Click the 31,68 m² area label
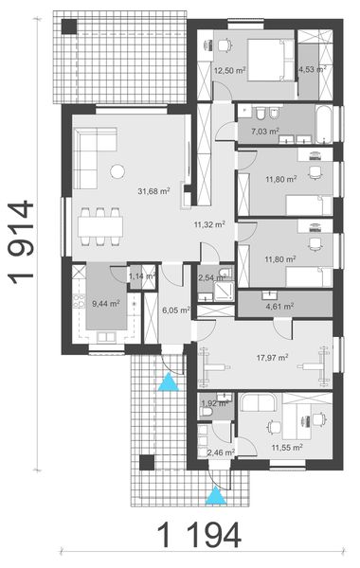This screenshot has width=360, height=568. (x=153, y=190)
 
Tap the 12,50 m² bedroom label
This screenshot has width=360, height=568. (x=228, y=70)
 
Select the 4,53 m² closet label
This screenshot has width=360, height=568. (x=312, y=69)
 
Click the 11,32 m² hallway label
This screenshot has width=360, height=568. (x=208, y=224)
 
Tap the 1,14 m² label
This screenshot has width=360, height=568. (x=140, y=275)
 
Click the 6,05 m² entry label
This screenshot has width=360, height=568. (x=176, y=310)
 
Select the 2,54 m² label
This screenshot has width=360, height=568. (x=211, y=278)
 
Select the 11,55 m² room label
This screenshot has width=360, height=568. (x=286, y=447)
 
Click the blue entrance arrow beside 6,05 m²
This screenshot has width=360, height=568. (x=169, y=382)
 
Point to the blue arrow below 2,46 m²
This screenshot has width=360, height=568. (x=217, y=493)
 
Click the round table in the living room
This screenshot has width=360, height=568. (x=117, y=171)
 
